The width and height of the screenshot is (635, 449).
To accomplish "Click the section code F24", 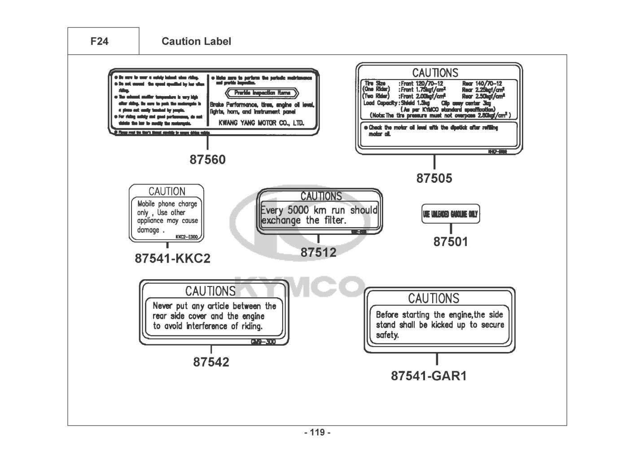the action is (99, 41).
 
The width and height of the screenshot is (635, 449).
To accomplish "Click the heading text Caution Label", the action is (196, 41).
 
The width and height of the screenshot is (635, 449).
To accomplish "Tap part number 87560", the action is (207, 159).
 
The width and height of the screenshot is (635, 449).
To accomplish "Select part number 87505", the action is (434, 178).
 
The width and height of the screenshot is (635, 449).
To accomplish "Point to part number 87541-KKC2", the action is (172, 259).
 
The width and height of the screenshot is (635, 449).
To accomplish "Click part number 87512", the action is (318, 252).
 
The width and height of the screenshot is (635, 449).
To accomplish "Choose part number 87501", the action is (451, 242).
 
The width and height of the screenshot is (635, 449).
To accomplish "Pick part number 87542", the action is (211, 362).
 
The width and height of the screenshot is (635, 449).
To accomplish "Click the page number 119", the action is (317, 433).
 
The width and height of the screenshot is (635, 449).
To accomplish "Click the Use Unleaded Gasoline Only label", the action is (451, 215).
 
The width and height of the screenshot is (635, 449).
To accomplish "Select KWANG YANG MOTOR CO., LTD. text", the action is (261, 123).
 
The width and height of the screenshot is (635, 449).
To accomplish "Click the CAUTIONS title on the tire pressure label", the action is (435, 73).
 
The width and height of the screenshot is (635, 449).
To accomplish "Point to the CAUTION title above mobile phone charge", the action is (166, 191).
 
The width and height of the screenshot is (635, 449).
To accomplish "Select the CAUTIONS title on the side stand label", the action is (434, 298).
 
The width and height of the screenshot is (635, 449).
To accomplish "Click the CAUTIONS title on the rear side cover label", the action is (210, 291).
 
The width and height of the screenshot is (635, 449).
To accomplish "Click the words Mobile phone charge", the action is (167, 204).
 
